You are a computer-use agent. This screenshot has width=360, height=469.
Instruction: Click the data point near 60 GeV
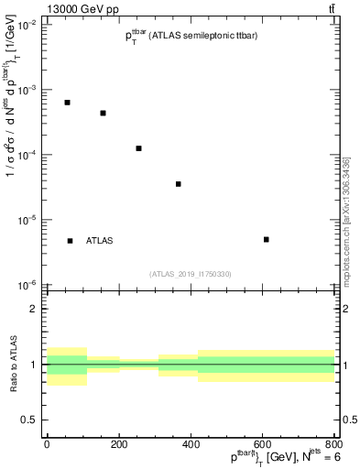[x=68, y=103]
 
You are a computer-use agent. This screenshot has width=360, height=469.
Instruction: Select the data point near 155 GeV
[x=104, y=114]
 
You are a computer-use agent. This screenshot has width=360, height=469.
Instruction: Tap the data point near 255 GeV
[x=138, y=148]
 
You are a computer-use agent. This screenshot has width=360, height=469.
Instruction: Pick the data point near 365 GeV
[x=179, y=184]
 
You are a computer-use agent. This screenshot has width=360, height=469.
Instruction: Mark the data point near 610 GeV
[x=266, y=239]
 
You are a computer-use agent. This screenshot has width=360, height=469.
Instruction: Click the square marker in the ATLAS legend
[x=70, y=241]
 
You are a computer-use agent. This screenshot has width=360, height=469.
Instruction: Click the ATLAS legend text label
[x=100, y=241]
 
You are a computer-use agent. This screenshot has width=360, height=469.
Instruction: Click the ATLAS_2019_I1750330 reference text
[x=191, y=274]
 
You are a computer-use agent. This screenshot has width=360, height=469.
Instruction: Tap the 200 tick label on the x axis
[x=119, y=443]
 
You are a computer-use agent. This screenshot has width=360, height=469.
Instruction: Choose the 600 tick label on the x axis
[x=265, y=443]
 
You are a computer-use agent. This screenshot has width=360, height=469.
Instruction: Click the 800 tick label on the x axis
[x=334, y=443]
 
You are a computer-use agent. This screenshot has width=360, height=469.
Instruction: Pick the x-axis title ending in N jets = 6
[x=284, y=458]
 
